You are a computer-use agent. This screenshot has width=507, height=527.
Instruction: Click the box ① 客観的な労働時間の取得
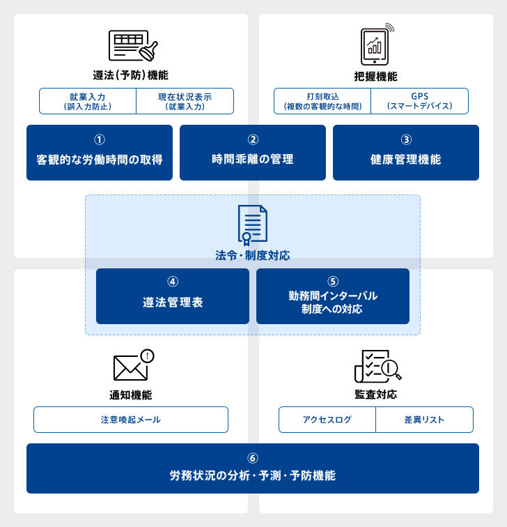(100, 153)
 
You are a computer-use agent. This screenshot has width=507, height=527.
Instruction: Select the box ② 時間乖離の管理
(253, 153)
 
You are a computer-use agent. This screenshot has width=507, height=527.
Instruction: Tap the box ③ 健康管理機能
(406, 153)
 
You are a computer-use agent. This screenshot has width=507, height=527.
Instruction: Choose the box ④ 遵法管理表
(173, 296)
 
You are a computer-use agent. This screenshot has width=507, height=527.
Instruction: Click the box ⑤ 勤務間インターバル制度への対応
(333, 296)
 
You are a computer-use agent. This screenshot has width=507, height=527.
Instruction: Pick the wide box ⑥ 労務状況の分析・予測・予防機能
(253, 468)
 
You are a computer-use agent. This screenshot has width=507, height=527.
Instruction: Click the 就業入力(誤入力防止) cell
(88, 101)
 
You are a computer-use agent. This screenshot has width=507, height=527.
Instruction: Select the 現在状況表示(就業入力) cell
(185, 101)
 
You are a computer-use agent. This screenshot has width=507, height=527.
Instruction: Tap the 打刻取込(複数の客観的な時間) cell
(322, 101)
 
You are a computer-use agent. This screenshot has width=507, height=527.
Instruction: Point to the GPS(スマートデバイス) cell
(419, 101)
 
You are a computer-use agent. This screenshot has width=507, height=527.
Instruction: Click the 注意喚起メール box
(131, 420)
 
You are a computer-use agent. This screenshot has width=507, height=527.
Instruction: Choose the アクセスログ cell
(327, 420)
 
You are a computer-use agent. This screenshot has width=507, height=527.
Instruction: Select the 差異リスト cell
(424, 420)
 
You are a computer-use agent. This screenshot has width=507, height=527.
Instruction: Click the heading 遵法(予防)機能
(130, 75)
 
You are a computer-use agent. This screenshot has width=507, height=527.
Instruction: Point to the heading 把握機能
(376, 76)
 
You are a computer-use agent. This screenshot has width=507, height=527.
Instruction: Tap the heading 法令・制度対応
(253, 256)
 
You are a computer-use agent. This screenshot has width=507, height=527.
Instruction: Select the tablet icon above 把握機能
(375, 43)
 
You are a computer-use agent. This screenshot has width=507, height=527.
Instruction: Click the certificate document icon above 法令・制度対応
(252, 224)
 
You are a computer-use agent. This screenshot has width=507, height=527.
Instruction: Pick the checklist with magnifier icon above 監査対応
(377, 367)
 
